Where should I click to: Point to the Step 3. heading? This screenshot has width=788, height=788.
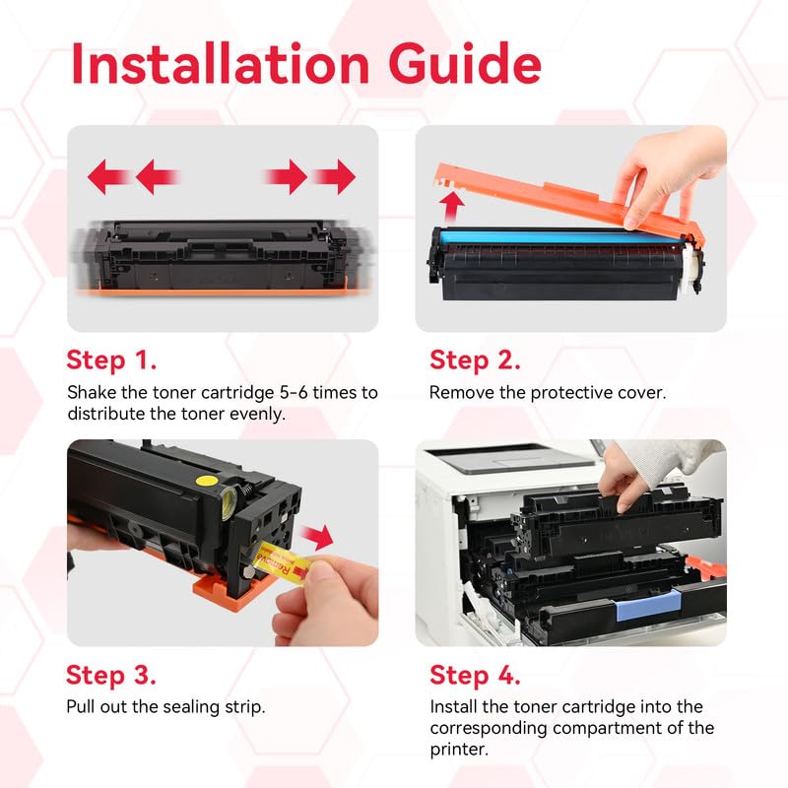(110, 675)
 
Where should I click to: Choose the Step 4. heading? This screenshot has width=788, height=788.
(476, 675)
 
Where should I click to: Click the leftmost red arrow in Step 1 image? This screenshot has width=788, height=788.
(107, 177)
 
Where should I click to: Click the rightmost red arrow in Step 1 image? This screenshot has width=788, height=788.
(336, 177)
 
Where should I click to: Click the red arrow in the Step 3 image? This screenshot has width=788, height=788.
(317, 538)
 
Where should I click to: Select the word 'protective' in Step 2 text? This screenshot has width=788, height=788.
(564, 392)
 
